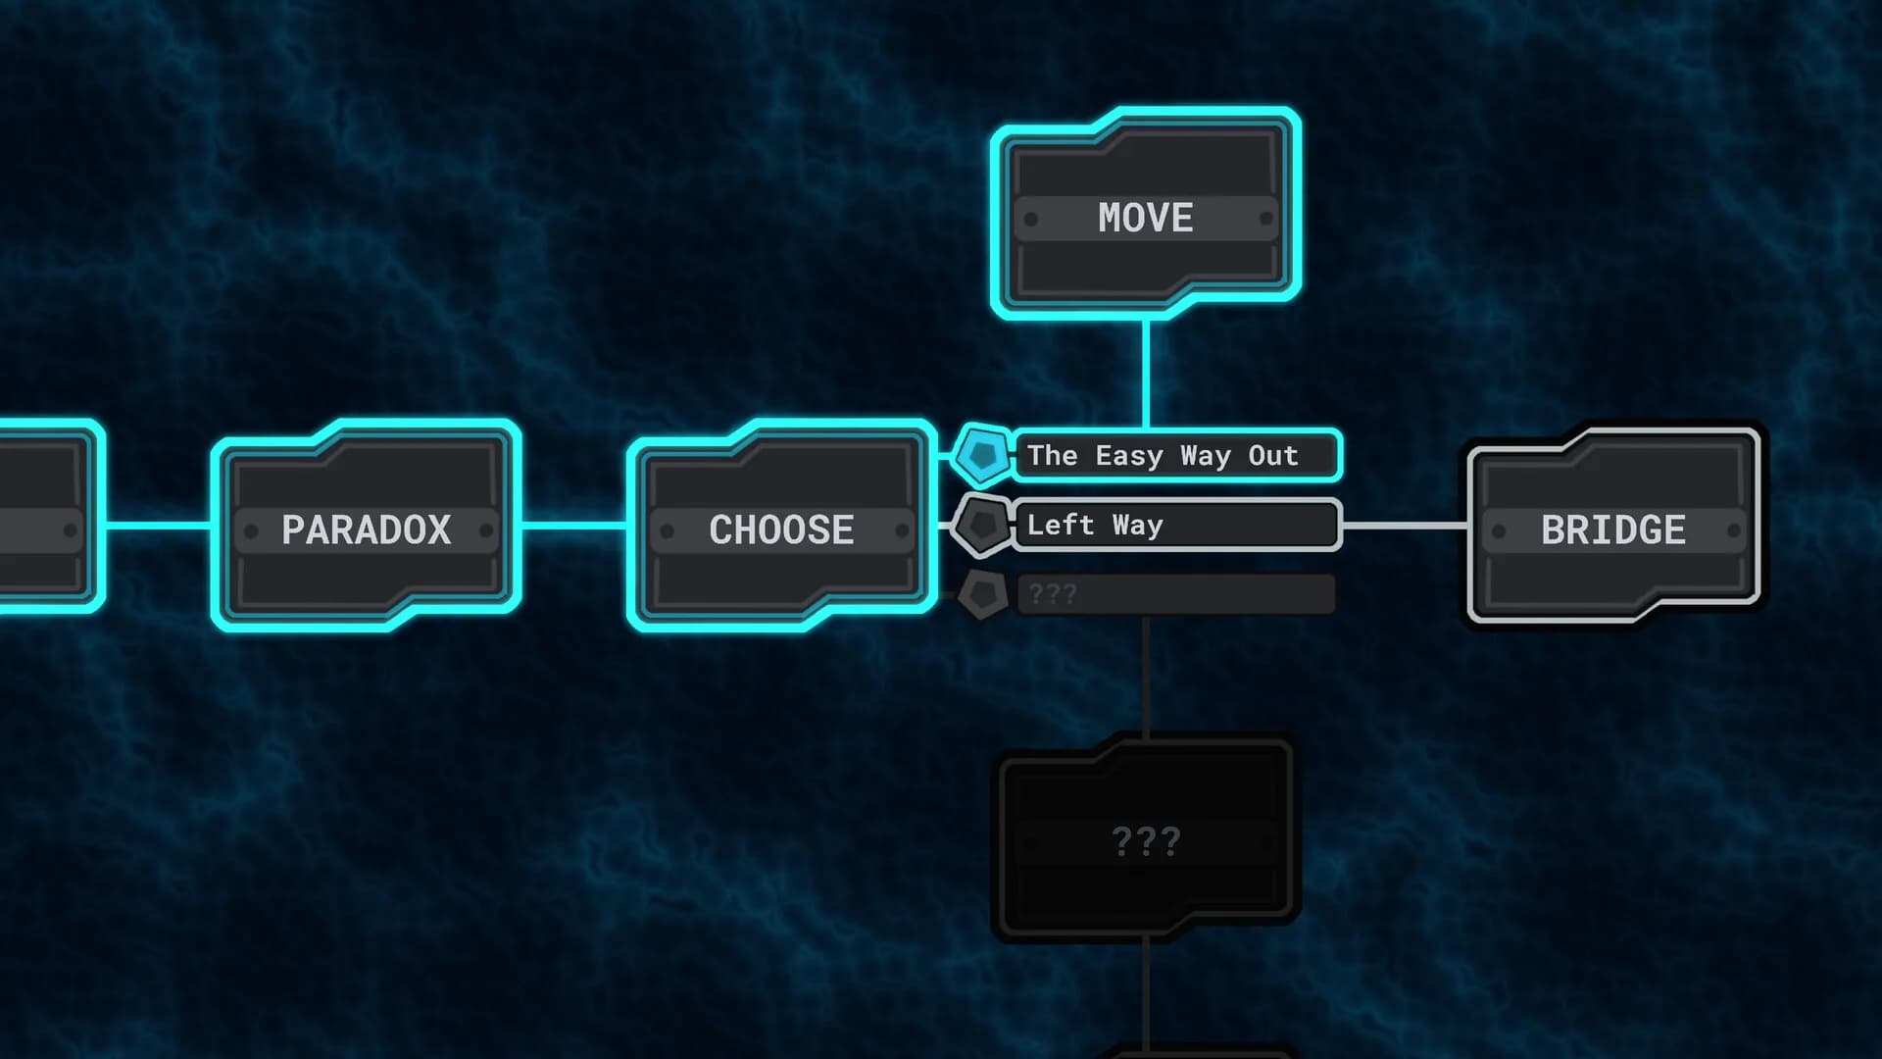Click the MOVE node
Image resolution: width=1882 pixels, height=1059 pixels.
[x=1145, y=214]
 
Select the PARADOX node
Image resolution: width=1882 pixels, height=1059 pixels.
[x=366, y=526]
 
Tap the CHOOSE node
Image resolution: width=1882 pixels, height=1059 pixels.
[x=781, y=526]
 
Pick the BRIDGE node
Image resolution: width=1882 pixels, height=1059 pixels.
[x=1613, y=526]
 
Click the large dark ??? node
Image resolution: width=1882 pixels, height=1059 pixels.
[x=1145, y=838]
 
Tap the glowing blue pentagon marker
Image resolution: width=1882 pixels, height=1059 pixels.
[x=981, y=455]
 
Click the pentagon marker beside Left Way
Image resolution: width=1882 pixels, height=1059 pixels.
[x=981, y=526]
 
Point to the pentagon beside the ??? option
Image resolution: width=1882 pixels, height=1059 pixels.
[x=981, y=594]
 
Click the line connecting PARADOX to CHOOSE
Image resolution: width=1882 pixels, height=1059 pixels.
[x=573, y=526]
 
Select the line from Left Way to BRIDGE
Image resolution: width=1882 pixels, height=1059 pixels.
[x=1404, y=526]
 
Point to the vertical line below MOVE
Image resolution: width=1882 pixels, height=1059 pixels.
[x=1145, y=375]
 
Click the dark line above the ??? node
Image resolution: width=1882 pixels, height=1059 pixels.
[x=1145, y=677]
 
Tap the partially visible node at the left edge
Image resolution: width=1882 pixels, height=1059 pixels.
[x=49, y=517]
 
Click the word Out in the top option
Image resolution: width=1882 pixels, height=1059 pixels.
[x=1272, y=456]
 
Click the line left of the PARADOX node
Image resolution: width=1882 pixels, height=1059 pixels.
[x=158, y=526]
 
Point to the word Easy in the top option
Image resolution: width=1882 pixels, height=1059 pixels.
[x=1128, y=457]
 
